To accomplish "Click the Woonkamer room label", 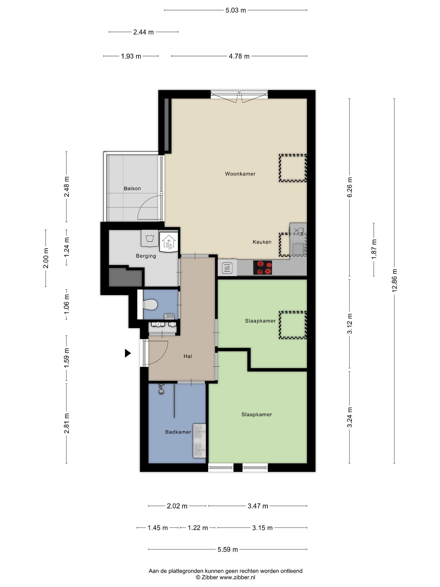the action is [240, 174].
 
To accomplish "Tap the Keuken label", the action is [262, 242].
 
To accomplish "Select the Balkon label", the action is [132, 189].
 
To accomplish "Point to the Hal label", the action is [188, 356].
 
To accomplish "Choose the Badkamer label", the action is [178, 432].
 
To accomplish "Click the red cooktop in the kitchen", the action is [262, 268].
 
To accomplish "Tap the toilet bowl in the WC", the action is [150, 305].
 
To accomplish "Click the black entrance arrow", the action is [128, 353].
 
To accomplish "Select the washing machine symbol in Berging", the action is [150, 238].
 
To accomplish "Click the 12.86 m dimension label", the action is [394, 280].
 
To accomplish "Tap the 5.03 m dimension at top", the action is [236, 10].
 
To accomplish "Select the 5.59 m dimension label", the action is [228, 549].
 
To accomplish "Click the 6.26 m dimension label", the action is [350, 187].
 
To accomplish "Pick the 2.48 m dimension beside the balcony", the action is [67, 187].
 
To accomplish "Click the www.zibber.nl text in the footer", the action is [237, 578].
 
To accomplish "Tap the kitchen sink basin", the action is [298, 249].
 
